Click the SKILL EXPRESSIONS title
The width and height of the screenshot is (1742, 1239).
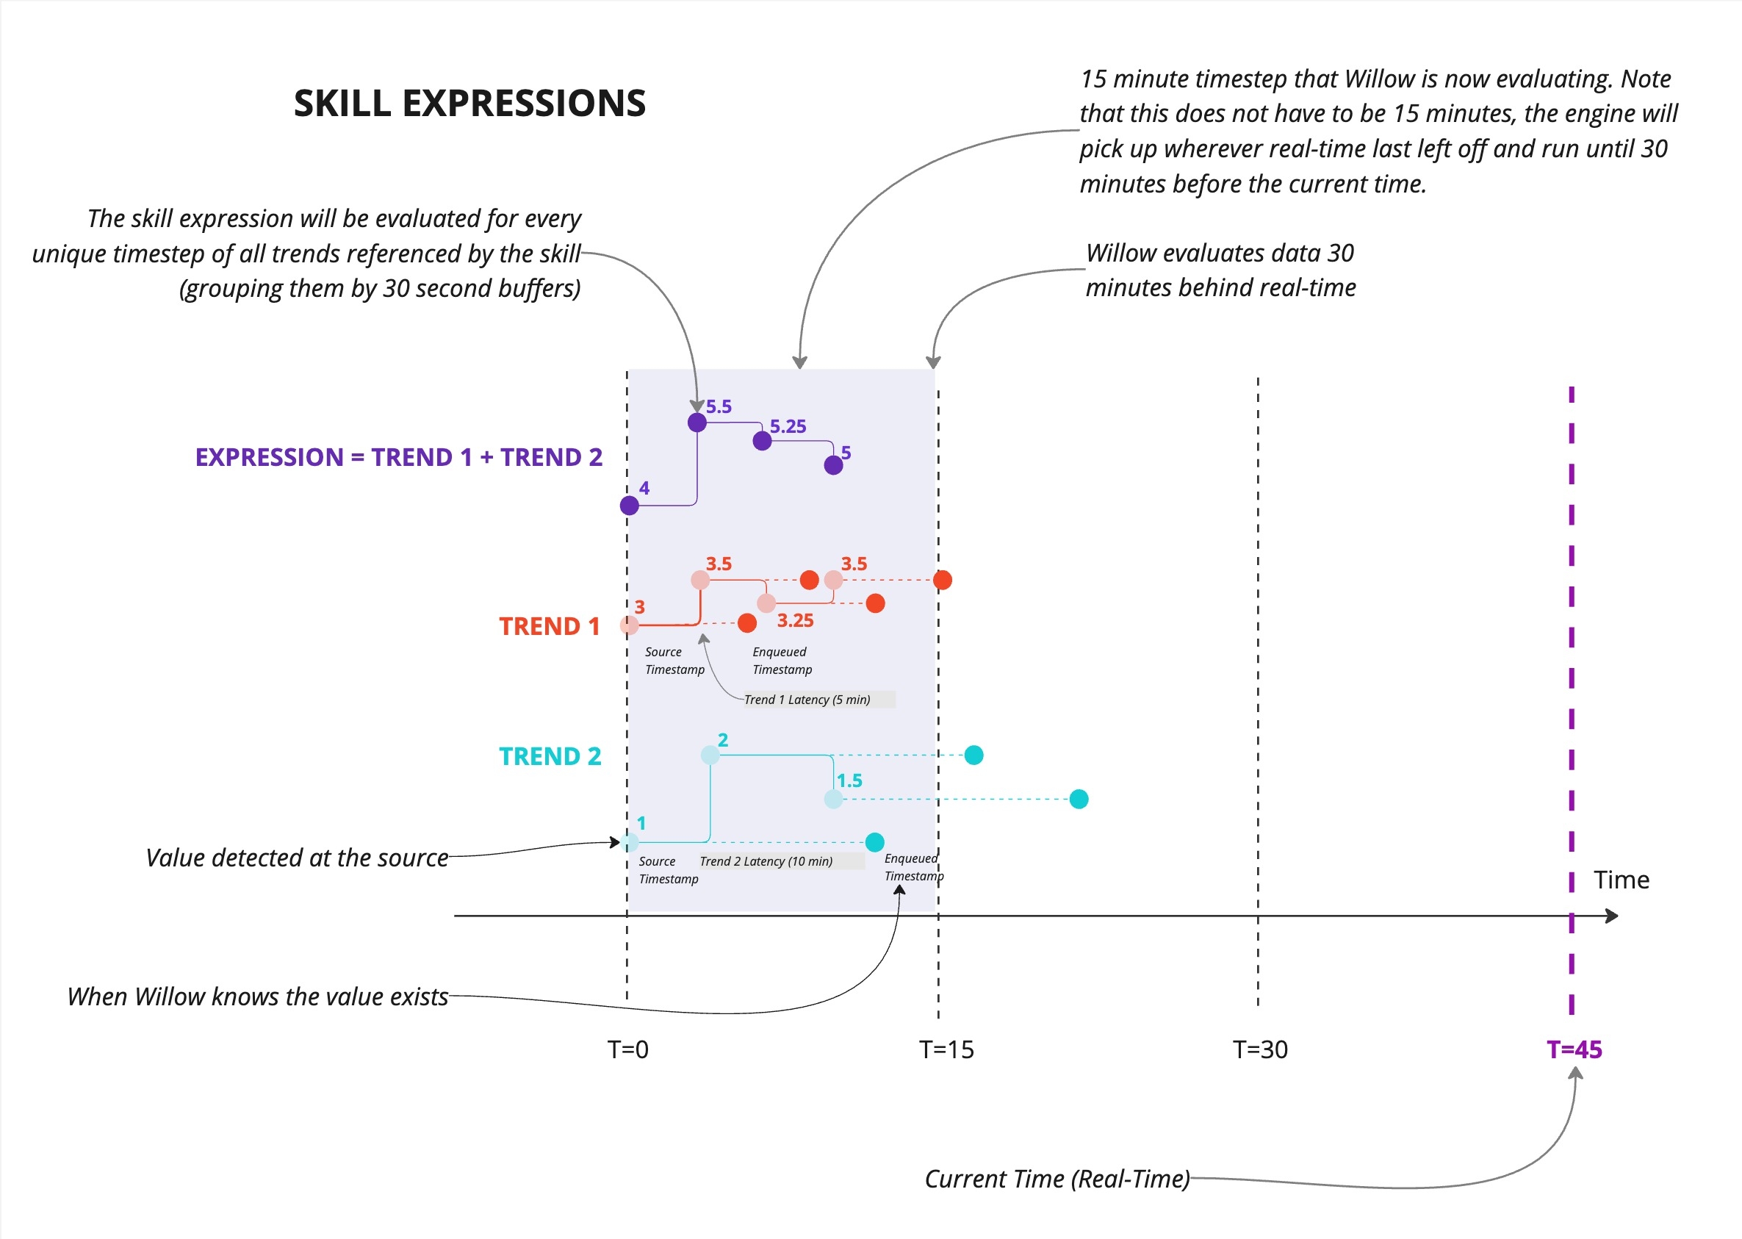pos(469,103)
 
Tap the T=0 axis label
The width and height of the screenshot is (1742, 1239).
pos(627,1050)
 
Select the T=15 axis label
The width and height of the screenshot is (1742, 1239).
pos(946,1050)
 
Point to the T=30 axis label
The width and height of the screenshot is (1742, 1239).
pos(1260,1050)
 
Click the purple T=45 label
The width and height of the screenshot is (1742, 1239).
pos(1574,1050)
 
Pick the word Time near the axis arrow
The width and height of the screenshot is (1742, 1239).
pos(1621,880)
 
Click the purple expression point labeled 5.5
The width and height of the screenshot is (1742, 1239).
pos(697,423)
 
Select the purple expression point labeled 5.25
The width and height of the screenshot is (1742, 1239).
pos(762,441)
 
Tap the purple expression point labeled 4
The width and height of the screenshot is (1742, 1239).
pos(629,505)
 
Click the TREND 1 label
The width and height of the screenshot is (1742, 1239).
pos(549,626)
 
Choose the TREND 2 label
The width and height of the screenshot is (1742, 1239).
pos(550,756)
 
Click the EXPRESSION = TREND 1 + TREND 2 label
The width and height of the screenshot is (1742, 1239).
pos(399,457)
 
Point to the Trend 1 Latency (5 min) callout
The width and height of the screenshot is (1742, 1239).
pos(807,700)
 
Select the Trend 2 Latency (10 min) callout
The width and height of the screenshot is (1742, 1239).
pos(766,861)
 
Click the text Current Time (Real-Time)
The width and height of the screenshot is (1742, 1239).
pos(1057,1179)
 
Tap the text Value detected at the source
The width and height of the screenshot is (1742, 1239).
pos(297,858)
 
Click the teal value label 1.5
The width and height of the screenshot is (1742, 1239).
pos(849,780)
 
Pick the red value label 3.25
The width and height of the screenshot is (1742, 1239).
pos(795,620)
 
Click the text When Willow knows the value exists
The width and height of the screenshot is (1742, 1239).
pos(258,996)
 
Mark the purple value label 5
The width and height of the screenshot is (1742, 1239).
pos(846,453)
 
